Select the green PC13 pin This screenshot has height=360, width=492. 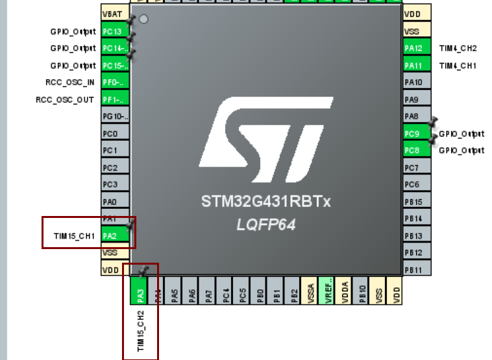(114, 31)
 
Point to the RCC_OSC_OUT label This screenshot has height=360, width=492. (65, 99)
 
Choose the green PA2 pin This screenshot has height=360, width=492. (114, 235)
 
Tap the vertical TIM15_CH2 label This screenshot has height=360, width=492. (140, 331)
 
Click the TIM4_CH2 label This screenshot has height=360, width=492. (458, 49)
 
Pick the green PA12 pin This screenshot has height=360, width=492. (413, 49)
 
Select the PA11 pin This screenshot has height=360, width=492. (413, 66)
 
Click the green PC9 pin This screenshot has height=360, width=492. (413, 134)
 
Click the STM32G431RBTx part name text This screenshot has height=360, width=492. (265, 202)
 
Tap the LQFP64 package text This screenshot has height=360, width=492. (265, 224)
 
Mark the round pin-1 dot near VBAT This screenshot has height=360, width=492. (143, 19)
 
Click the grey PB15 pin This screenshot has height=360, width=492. (413, 202)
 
